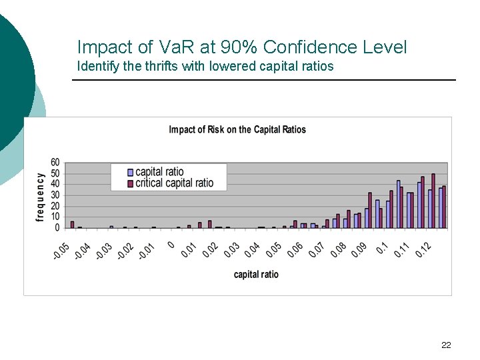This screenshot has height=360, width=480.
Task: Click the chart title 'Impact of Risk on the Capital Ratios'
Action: pyautogui.click(x=237, y=129)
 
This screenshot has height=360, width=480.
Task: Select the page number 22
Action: pyautogui.click(x=446, y=345)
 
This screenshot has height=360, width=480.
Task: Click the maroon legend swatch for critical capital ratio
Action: pyautogui.click(x=131, y=183)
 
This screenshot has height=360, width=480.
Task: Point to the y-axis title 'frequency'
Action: pyautogui.click(x=40, y=197)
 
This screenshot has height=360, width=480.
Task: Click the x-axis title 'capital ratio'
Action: pyautogui.click(x=256, y=274)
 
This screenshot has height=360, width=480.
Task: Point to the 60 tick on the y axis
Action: pyautogui.click(x=55, y=163)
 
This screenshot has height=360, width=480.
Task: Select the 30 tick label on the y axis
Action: pyautogui.click(x=55, y=195)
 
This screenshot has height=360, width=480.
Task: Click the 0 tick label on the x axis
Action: pyautogui.click(x=171, y=245)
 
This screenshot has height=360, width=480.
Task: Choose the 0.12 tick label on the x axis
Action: pyautogui.click(x=423, y=251)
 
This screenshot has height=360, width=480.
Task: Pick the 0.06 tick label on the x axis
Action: pyautogui.click(x=295, y=251)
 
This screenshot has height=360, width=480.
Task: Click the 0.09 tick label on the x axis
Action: pyautogui.click(x=359, y=251)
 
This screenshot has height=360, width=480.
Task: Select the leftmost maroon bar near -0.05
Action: pyautogui.click(x=72, y=225)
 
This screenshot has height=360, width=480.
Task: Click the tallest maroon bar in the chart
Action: pyautogui.click(x=433, y=201)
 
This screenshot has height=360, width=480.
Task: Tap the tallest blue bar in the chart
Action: pyautogui.click(x=399, y=204)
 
